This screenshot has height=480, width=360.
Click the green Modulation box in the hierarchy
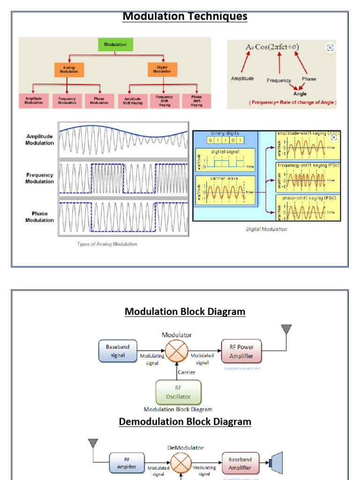115,45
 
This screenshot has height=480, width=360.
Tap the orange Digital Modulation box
162,70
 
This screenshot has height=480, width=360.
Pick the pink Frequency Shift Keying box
164,101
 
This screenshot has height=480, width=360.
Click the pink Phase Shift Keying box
196,101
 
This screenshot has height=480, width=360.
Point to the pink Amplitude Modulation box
34,101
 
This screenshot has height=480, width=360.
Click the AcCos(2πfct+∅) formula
272,47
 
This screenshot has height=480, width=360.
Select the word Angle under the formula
300,94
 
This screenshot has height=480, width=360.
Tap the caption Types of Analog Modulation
107,244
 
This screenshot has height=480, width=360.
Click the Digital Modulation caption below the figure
266,229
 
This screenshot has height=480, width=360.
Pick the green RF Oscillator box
178,392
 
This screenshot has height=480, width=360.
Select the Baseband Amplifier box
240,464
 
